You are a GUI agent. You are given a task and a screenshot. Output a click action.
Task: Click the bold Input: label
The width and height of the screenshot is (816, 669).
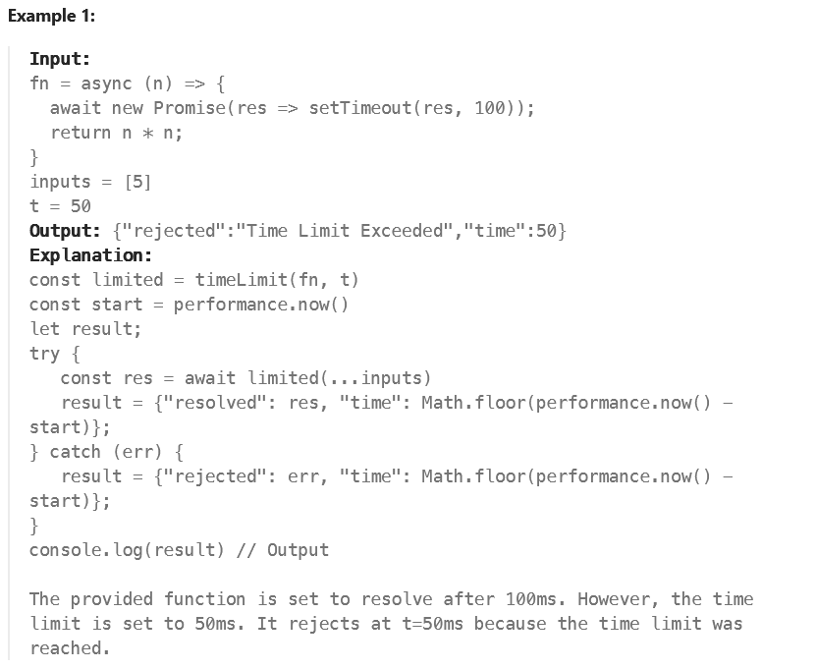[60, 59]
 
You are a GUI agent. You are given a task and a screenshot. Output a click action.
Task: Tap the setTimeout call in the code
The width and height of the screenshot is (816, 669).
[359, 108]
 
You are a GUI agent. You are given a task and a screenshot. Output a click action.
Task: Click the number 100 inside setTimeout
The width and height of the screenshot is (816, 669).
[490, 108]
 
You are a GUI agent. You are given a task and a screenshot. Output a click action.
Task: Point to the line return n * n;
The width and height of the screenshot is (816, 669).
[116, 133]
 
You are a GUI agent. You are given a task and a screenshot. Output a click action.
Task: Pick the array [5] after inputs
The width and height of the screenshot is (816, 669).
[137, 182]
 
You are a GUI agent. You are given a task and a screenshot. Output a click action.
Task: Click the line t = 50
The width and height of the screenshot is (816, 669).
[60, 206]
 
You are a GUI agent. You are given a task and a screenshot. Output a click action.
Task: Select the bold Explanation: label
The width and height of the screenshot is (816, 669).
[85, 255]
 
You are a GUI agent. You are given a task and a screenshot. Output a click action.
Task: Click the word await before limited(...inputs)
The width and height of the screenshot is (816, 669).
[210, 378]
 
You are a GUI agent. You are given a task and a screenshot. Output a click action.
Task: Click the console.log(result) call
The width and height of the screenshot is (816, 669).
[129, 550]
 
